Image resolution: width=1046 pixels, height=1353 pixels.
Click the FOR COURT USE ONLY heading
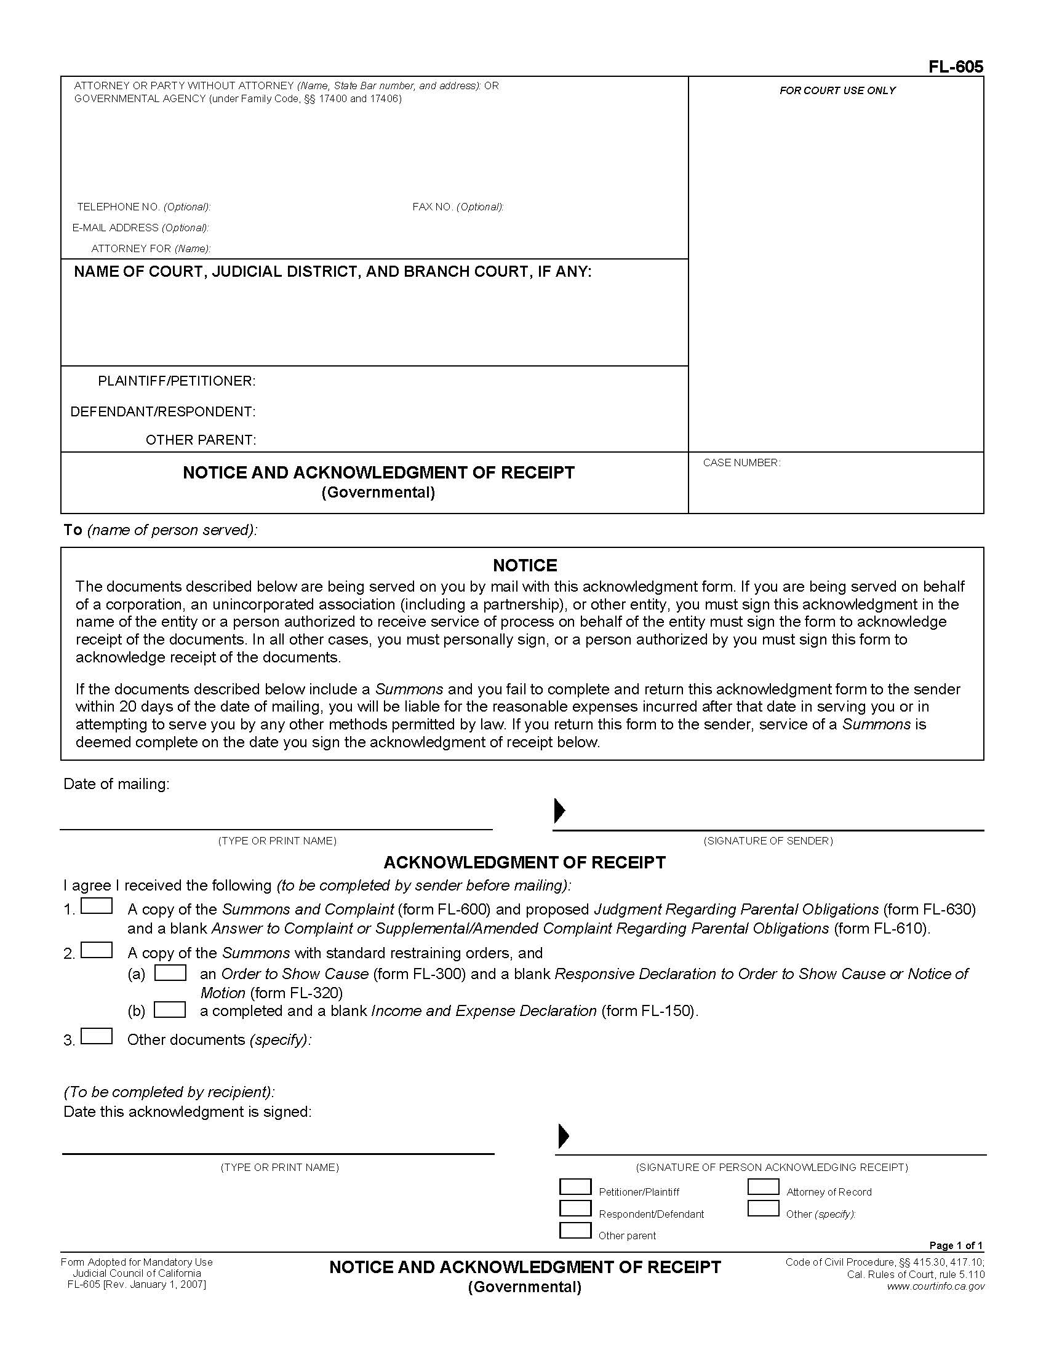(x=837, y=90)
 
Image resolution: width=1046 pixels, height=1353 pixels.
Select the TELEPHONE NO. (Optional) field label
(x=144, y=207)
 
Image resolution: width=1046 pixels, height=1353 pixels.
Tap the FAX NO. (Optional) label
(x=457, y=207)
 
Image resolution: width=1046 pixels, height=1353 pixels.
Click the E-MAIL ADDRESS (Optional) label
(x=141, y=228)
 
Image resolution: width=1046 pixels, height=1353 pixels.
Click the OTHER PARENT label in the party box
(x=200, y=440)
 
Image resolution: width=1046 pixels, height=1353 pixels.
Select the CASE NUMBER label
(x=741, y=462)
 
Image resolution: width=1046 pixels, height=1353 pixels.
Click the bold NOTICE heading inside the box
(x=524, y=565)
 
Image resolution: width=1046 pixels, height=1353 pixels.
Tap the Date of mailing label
(x=116, y=784)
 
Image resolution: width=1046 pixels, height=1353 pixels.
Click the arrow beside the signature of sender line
(x=559, y=811)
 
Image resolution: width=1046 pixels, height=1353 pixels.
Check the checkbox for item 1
(x=97, y=906)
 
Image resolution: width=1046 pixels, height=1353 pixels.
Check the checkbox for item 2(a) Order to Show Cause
(x=170, y=973)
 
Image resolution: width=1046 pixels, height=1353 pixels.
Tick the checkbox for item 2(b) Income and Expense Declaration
(x=170, y=1010)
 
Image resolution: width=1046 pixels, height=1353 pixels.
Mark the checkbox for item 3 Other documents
(x=97, y=1036)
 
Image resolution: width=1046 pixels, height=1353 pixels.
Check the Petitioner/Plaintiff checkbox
(x=575, y=1186)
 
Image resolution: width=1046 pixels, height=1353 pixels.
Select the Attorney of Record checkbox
(x=763, y=1186)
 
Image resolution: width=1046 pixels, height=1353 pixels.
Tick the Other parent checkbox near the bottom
(x=575, y=1230)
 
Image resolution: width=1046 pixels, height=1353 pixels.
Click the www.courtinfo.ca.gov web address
(x=935, y=1286)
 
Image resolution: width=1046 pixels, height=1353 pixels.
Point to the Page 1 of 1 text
(x=956, y=1245)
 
